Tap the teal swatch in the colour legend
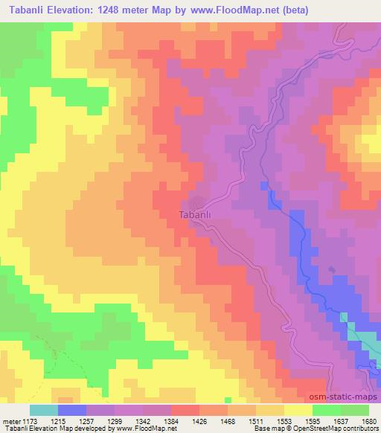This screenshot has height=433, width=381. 43,410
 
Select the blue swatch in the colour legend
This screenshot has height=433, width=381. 71,410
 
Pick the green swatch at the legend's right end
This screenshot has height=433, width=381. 354,410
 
